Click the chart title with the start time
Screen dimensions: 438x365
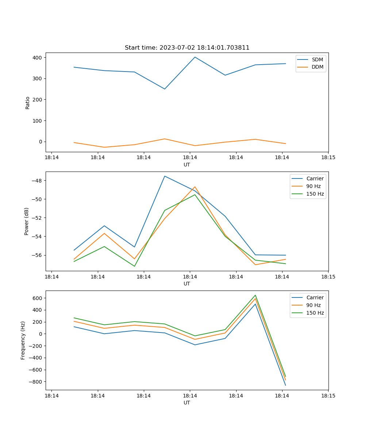[187, 48]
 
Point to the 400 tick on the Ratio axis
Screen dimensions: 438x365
[38, 58]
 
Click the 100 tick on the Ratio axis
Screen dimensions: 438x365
[38, 121]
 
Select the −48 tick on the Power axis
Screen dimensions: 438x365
[36, 181]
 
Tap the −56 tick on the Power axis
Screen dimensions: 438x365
[36, 255]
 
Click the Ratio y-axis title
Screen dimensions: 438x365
[28, 103]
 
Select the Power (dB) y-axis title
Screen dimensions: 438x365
[27, 221]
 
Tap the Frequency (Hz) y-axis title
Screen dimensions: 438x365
[23, 340]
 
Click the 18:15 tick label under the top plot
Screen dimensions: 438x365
[328, 158]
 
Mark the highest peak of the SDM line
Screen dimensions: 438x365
[195, 57]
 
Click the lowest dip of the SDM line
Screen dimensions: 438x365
[165, 89]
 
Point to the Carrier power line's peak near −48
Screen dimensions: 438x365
[165, 176]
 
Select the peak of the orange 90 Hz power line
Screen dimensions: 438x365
[195, 187]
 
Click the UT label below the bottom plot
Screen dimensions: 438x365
[187, 403]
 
